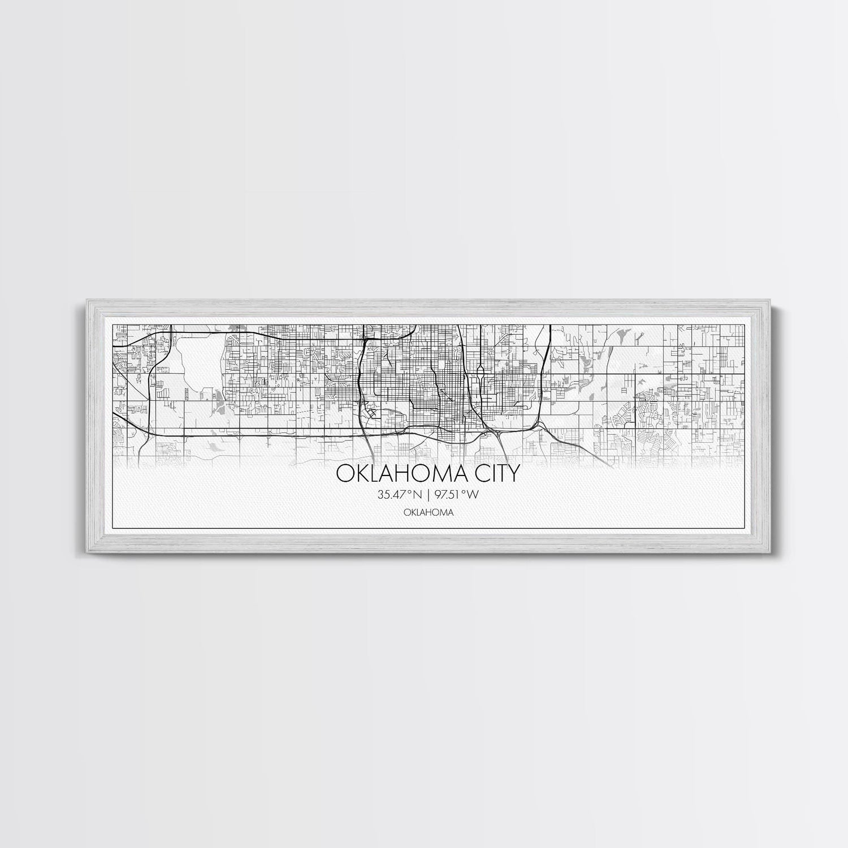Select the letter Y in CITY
point(513,473)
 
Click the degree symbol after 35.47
point(412,492)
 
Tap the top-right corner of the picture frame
point(762,301)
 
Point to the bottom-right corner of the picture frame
point(762,548)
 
